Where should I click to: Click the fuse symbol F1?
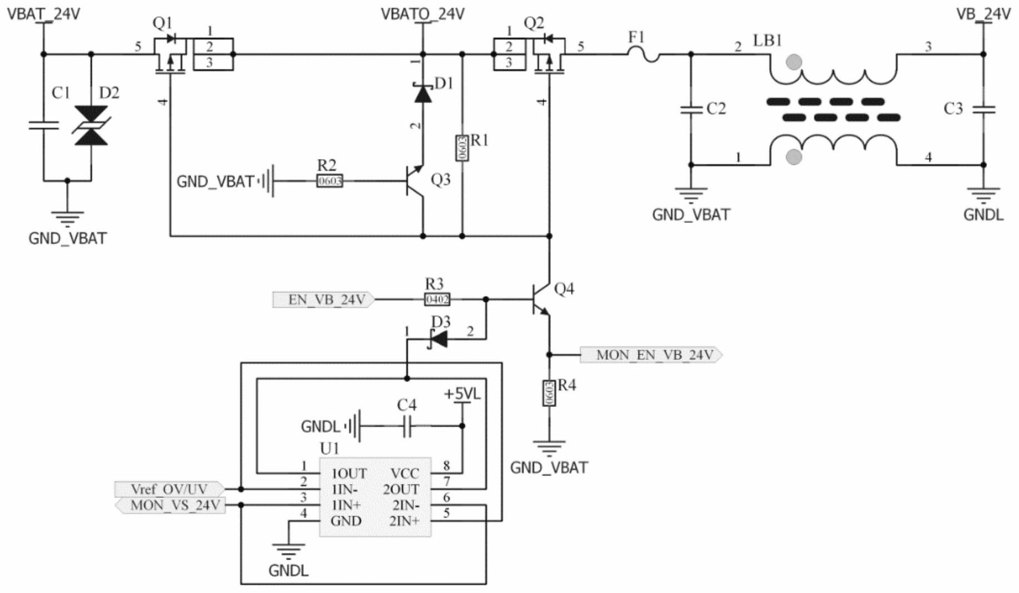tap(644, 55)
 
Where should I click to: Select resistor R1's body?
tap(462, 148)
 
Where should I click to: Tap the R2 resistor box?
tap(329, 181)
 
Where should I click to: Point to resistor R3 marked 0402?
tap(437, 300)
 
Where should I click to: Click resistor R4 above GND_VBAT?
tap(549, 393)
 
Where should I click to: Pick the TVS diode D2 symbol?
tap(91, 126)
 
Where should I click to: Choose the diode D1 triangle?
tap(423, 94)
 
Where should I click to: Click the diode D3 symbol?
tap(439, 339)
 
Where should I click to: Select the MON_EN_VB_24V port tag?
tap(651, 355)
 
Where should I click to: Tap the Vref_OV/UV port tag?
tap(169, 489)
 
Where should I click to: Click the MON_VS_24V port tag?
tap(170, 506)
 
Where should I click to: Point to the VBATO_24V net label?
tap(422, 14)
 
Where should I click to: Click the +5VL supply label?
tap(462, 394)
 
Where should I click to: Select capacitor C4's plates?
tap(407, 426)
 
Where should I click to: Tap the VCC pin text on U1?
tap(405, 473)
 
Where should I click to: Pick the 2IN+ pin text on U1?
tap(404, 521)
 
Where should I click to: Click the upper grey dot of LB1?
tap(794, 62)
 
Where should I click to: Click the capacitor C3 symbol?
tap(983, 109)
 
